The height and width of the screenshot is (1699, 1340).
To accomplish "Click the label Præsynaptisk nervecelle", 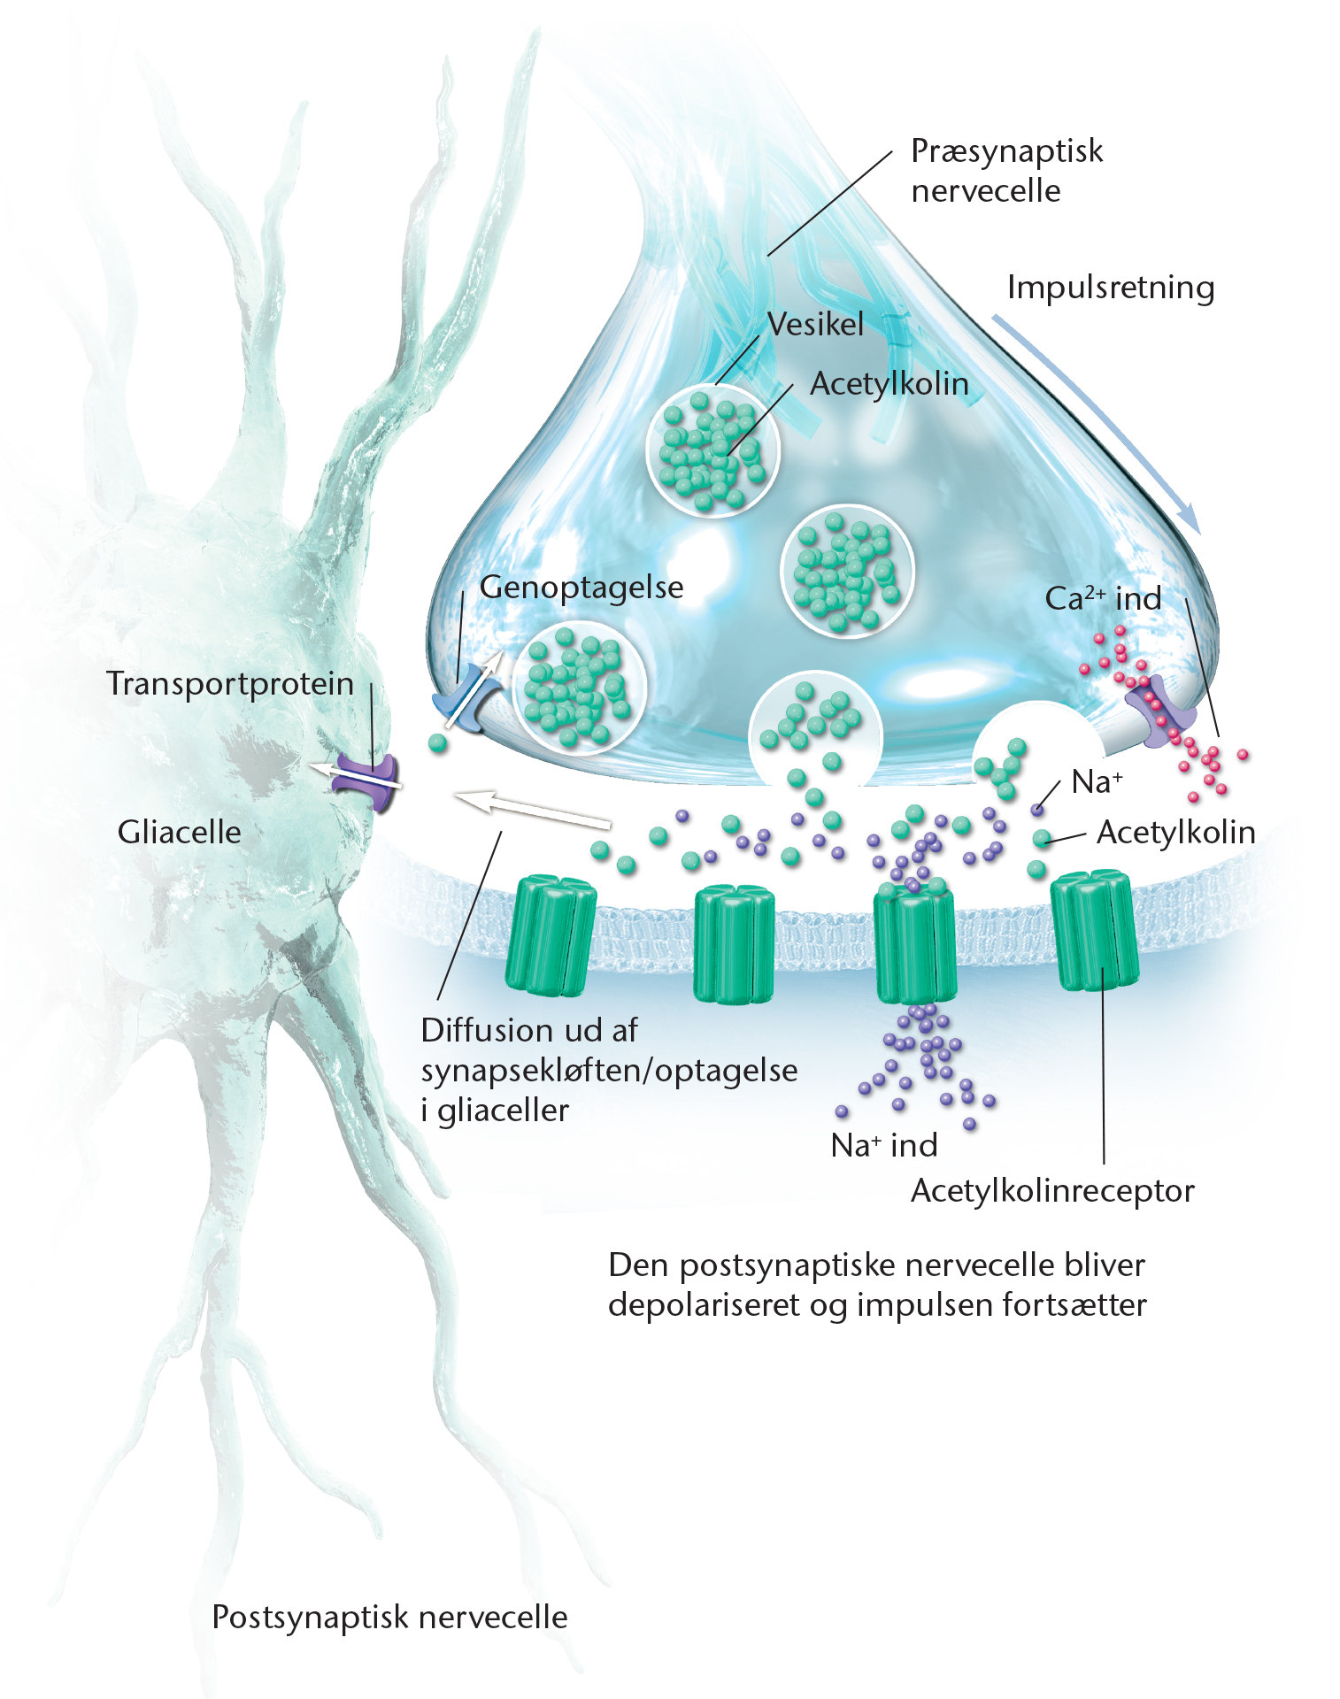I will (1006, 171).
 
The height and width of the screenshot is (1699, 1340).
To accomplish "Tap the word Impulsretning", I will (1110, 288).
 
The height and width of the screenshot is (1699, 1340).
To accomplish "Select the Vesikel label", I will (815, 324).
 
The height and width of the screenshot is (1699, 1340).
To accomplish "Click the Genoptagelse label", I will (581, 587).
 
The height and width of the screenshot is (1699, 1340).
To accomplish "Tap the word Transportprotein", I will (230, 683).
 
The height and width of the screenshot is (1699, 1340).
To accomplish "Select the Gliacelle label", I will (180, 832).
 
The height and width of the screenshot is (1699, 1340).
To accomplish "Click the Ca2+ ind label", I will (1103, 598).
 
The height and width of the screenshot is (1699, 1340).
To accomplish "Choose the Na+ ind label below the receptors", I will (883, 1145).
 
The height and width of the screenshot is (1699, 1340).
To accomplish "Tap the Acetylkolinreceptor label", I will (1052, 1190).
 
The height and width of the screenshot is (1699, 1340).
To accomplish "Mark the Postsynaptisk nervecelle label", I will (389, 1617).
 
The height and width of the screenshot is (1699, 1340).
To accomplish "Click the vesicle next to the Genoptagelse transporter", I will (579, 687).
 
